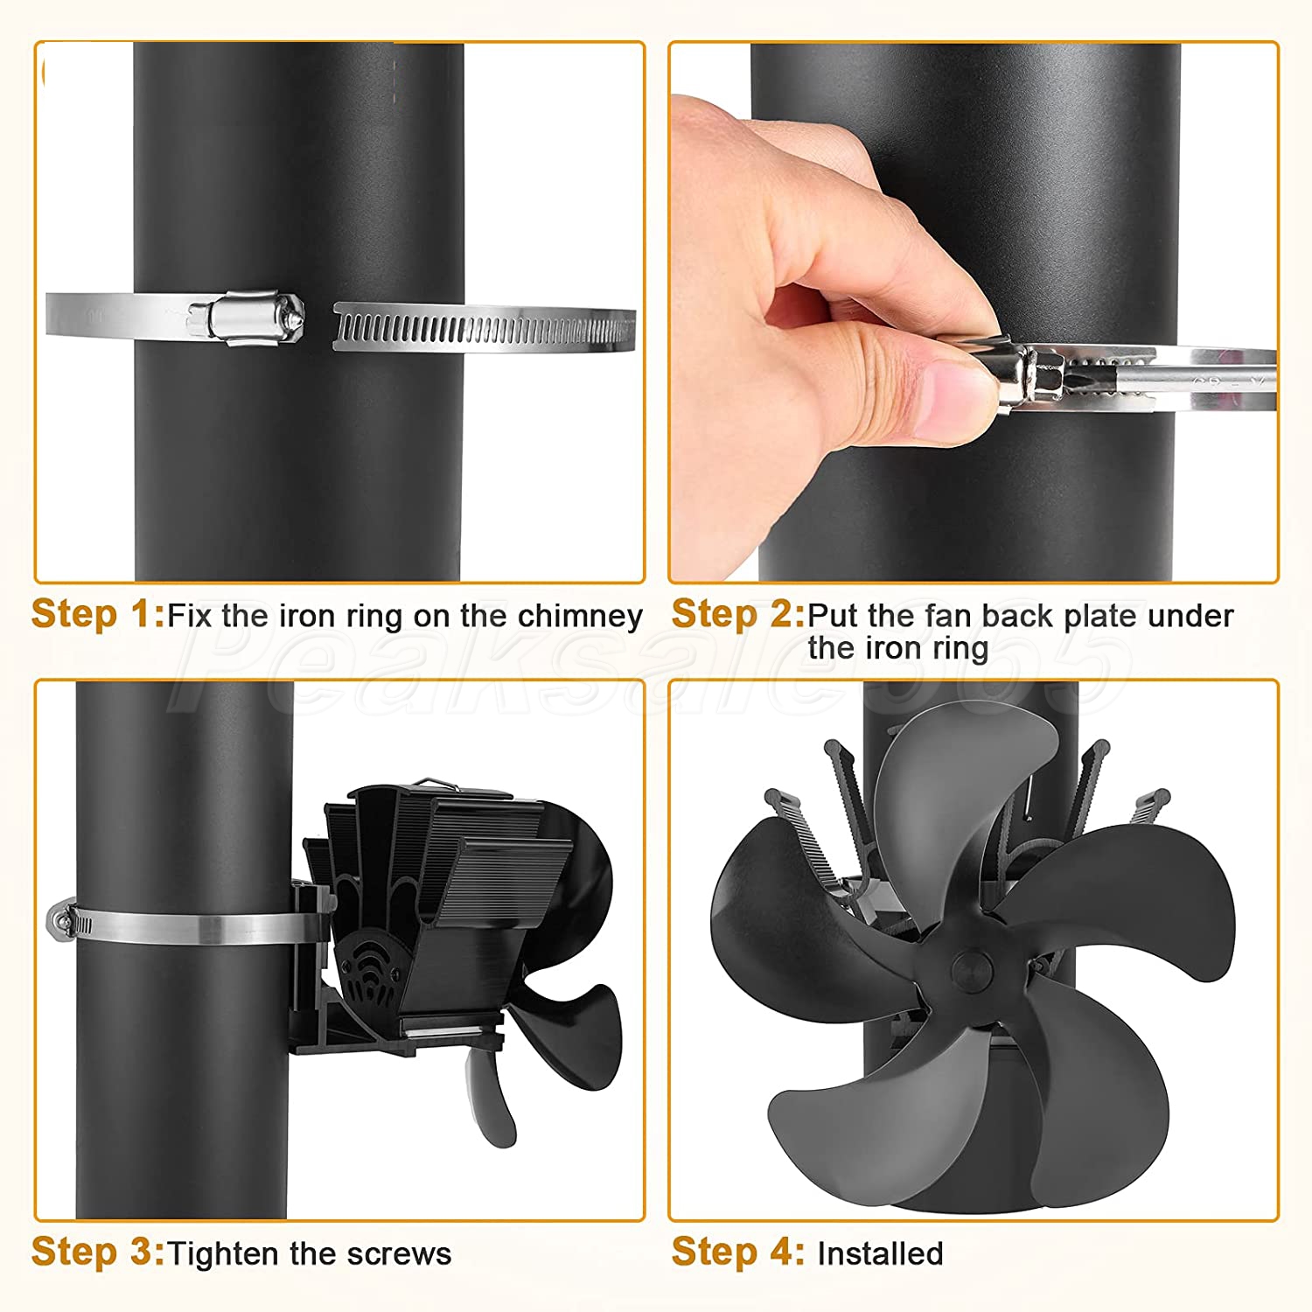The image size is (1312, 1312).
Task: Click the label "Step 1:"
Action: pos(98,614)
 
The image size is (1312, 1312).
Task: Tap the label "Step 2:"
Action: pos(738,614)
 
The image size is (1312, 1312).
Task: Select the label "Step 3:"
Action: pos(98,1252)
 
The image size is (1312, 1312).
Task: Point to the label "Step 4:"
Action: pos(738,1252)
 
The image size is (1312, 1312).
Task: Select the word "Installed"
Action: pos(880,1254)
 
